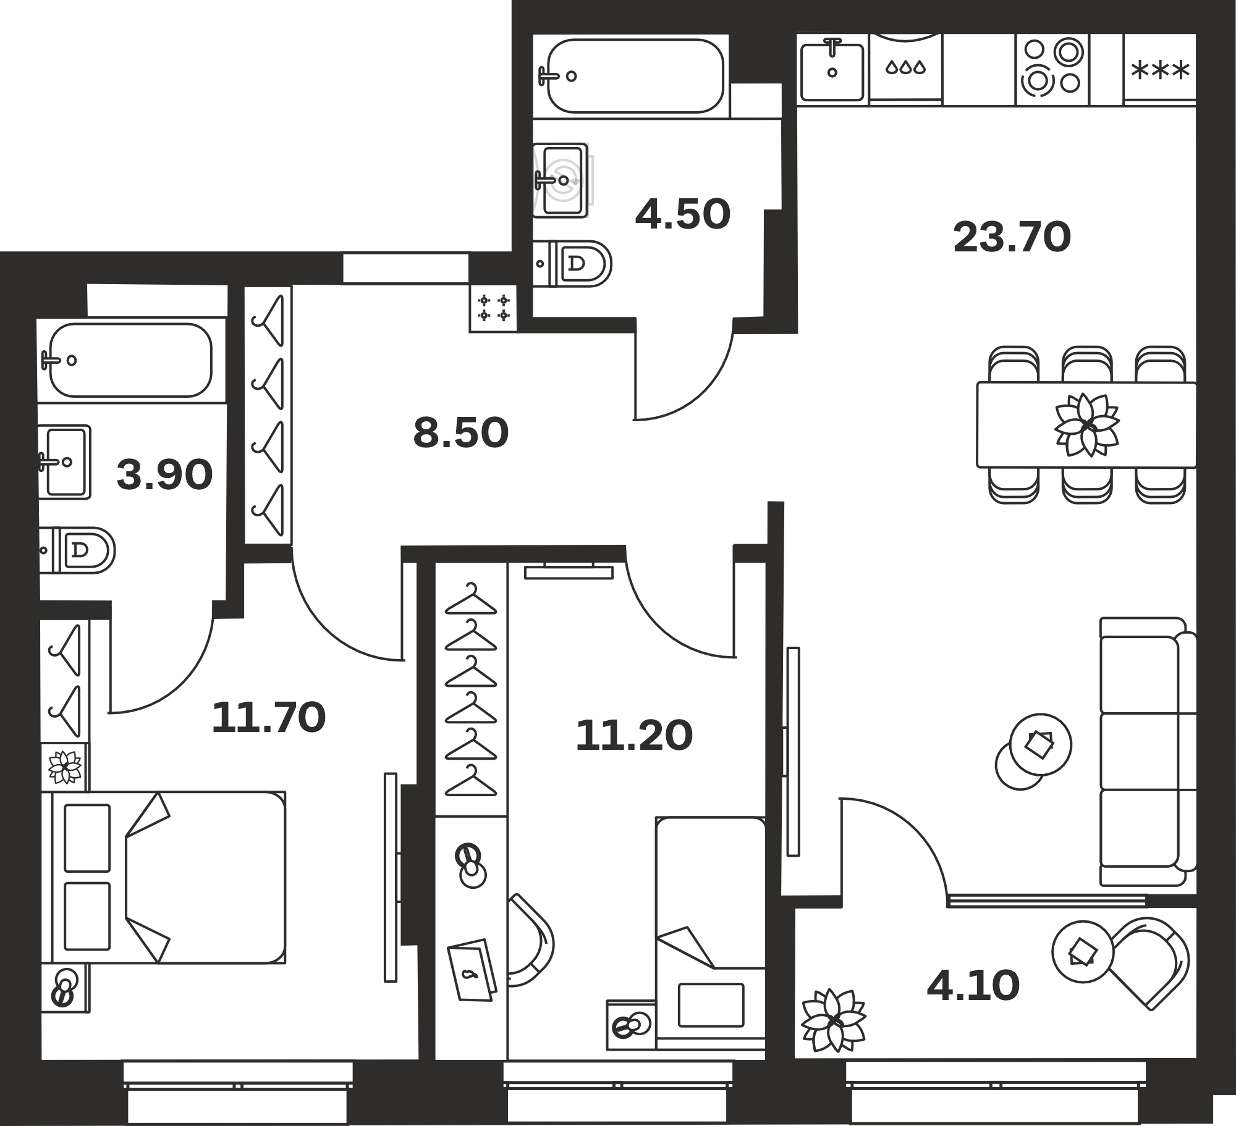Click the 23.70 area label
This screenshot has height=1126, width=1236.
coord(1012,238)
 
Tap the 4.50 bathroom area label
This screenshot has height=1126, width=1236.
coord(683,215)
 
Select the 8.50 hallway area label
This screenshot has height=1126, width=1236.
coord(461,433)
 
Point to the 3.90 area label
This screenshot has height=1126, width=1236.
coord(165,476)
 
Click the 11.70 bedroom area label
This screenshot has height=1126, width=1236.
coord(269,718)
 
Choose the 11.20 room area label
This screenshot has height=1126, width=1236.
coord(634,736)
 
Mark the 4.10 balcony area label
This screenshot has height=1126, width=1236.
coord(973,986)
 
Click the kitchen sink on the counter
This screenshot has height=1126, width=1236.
coord(832,69)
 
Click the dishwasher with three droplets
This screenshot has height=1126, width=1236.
coord(906,67)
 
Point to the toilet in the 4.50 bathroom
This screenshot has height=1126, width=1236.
coord(572,264)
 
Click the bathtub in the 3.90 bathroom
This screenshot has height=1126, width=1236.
coord(130,360)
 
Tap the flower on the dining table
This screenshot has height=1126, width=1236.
coord(1086,425)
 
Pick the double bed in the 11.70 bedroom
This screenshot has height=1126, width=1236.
coord(169,877)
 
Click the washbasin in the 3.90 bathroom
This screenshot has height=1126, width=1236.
coord(64,461)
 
